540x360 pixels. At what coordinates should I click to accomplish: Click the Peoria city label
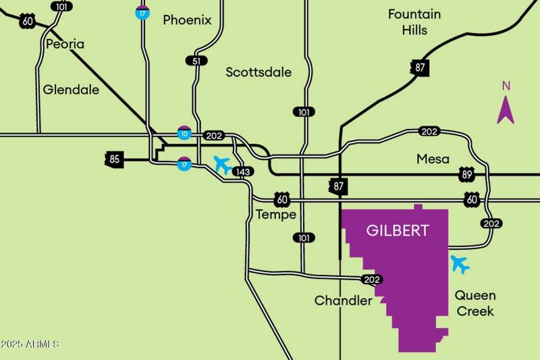tap(65, 45)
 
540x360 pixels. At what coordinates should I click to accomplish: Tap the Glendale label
tap(71, 90)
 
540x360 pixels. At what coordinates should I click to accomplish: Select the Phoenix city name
tap(187, 20)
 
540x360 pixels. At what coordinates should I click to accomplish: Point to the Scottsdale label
tap(259, 72)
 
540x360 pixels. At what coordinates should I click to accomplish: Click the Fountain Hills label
tap(414, 22)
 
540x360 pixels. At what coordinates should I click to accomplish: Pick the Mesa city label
tap(433, 159)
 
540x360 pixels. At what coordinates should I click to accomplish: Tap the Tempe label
tap(276, 215)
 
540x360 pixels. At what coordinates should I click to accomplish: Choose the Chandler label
tap(343, 301)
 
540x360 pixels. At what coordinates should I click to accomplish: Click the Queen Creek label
tap(475, 303)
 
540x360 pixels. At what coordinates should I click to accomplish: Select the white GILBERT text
tap(397, 231)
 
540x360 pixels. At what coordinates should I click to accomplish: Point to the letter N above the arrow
tap(506, 86)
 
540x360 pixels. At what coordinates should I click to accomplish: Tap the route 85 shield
tap(115, 160)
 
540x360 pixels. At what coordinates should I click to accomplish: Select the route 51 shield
tap(196, 61)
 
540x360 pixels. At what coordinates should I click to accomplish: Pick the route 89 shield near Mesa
tap(467, 174)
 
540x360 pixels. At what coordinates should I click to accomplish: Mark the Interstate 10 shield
tap(183, 133)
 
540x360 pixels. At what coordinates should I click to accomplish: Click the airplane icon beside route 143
tap(222, 164)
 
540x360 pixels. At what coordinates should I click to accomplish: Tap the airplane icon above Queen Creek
tap(460, 264)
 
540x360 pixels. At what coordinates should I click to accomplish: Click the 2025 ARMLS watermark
tap(30, 344)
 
